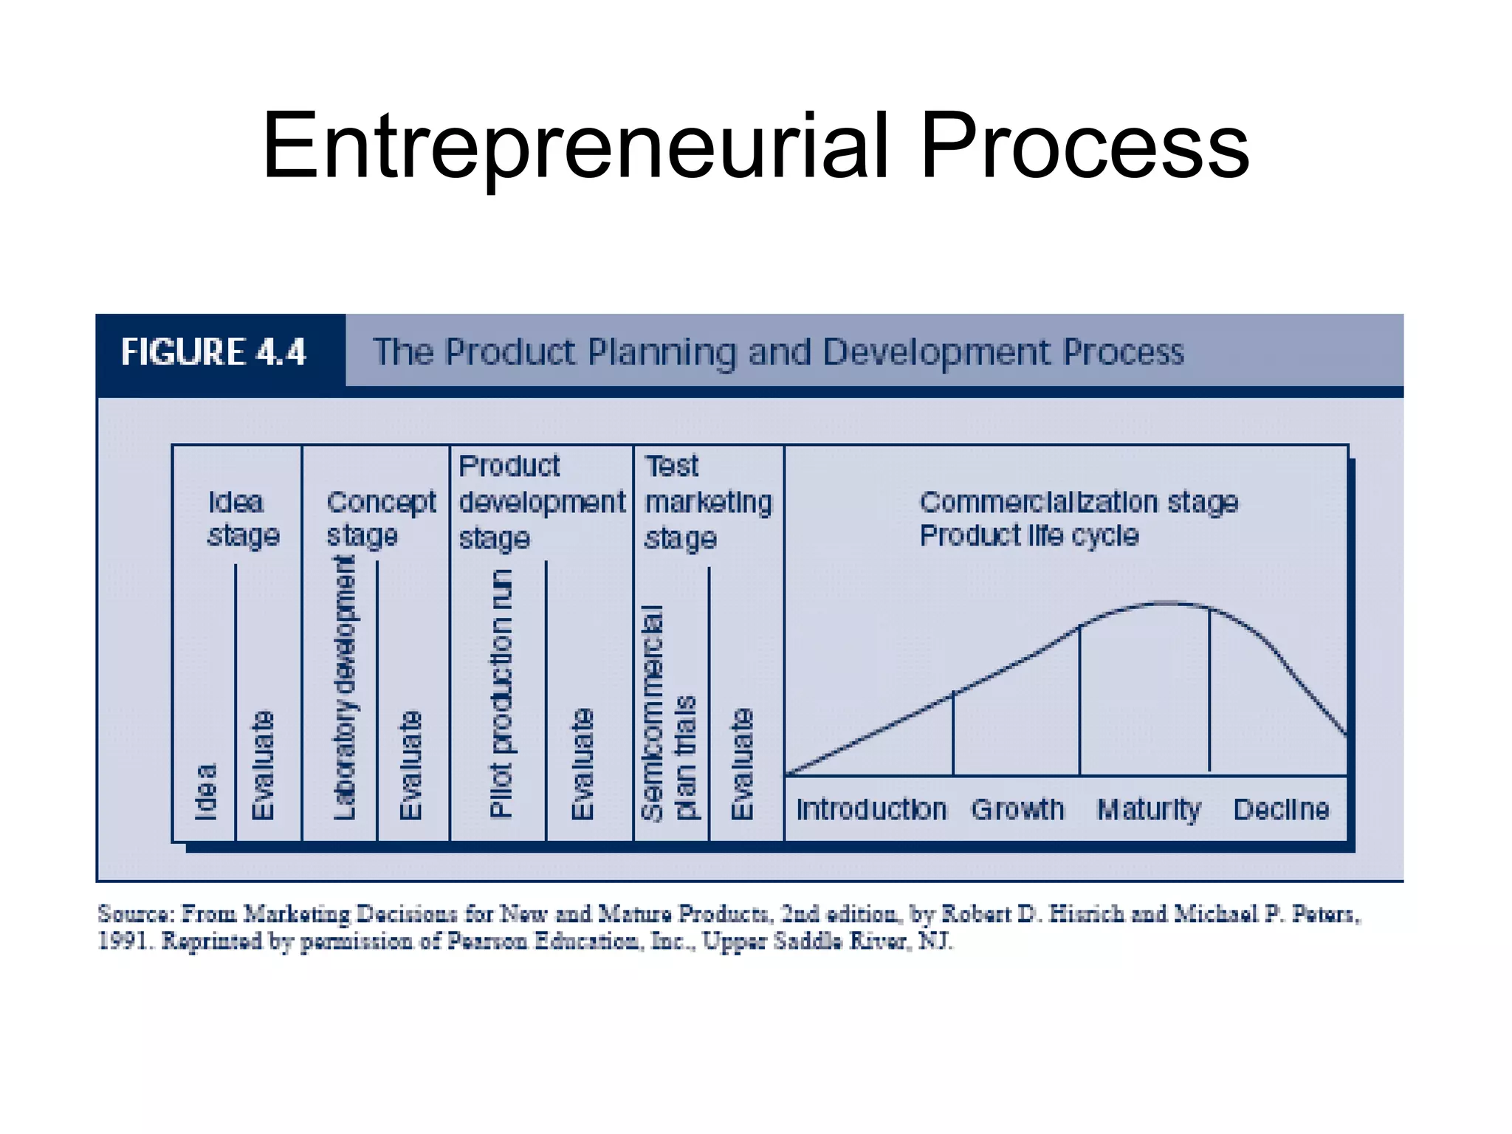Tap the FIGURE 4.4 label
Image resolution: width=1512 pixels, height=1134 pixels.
click(213, 352)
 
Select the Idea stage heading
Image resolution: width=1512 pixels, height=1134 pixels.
click(242, 518)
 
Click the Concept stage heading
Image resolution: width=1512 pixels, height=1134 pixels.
click(380, 518)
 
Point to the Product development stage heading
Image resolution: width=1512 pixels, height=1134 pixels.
click(541, 502)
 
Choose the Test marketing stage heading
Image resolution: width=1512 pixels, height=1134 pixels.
click(707, 502)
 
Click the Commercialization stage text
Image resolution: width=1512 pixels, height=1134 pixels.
click(1078, 502)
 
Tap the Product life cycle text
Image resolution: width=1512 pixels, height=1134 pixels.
click(1028, 535)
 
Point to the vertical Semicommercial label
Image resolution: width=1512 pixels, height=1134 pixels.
click(652, 712)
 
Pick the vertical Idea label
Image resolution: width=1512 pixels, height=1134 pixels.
click(206, 791)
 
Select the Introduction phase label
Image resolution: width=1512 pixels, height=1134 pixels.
click(870, 810)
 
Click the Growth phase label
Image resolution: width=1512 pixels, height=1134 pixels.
click(1017, 810)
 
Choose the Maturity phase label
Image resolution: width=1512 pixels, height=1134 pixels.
click(1149, 810)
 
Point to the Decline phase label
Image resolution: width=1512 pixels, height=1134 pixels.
click(1281, 810)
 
